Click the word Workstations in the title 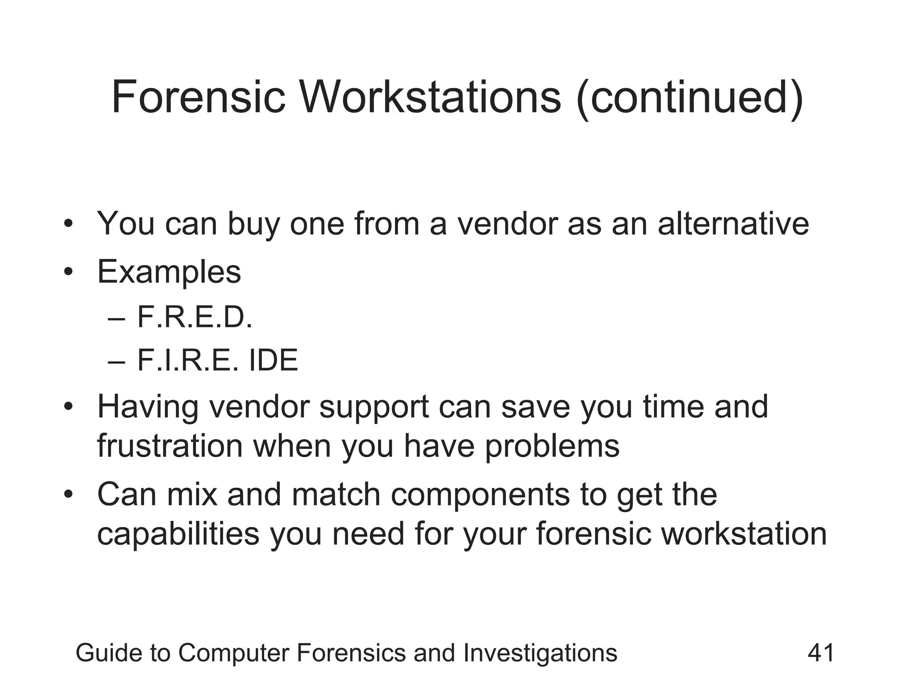[x=430, y=96]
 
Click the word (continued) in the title [x=690, y=97]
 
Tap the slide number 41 [x=821, y=653]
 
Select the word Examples [x=169, y=272]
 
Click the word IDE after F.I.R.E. [x=273, y=360]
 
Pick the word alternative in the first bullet [x=733, y=223]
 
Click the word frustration [x=170, y=446]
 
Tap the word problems [x=552, y=446]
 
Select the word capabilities [x=178, y=533]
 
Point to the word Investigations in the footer [x=540, y=653]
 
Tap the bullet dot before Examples [x=68, y=272]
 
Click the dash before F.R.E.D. [x=116, y=319]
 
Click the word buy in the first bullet [x=253, y=224]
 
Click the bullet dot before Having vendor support [x=68, y=407]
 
